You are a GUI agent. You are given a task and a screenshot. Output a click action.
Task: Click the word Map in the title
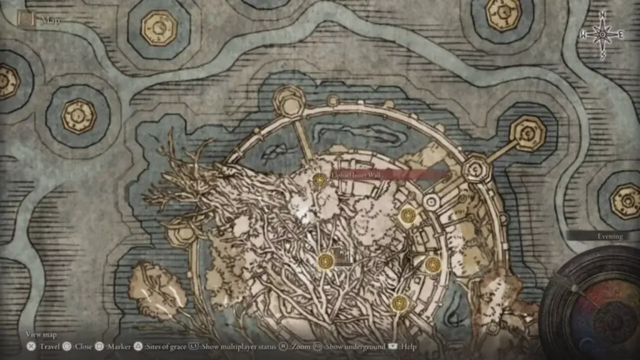tap(51, 21)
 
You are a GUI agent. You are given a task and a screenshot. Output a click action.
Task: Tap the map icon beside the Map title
tap(26, 19)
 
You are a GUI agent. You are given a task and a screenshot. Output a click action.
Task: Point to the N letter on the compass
tap(602, 15)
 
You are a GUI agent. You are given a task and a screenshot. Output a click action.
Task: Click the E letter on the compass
tap(621, 36)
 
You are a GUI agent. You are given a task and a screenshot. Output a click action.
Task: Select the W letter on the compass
tap(583, 36)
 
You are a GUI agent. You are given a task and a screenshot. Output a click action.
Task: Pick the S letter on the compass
tap(602, 55)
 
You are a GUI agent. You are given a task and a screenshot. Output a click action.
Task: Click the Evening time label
tap(609, 236)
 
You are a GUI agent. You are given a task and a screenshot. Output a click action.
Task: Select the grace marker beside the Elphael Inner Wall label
tap(320, 181)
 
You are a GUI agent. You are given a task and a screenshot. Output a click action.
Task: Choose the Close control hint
tap(81, 346)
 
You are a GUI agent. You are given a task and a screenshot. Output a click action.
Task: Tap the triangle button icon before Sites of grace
tap(139, 346)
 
